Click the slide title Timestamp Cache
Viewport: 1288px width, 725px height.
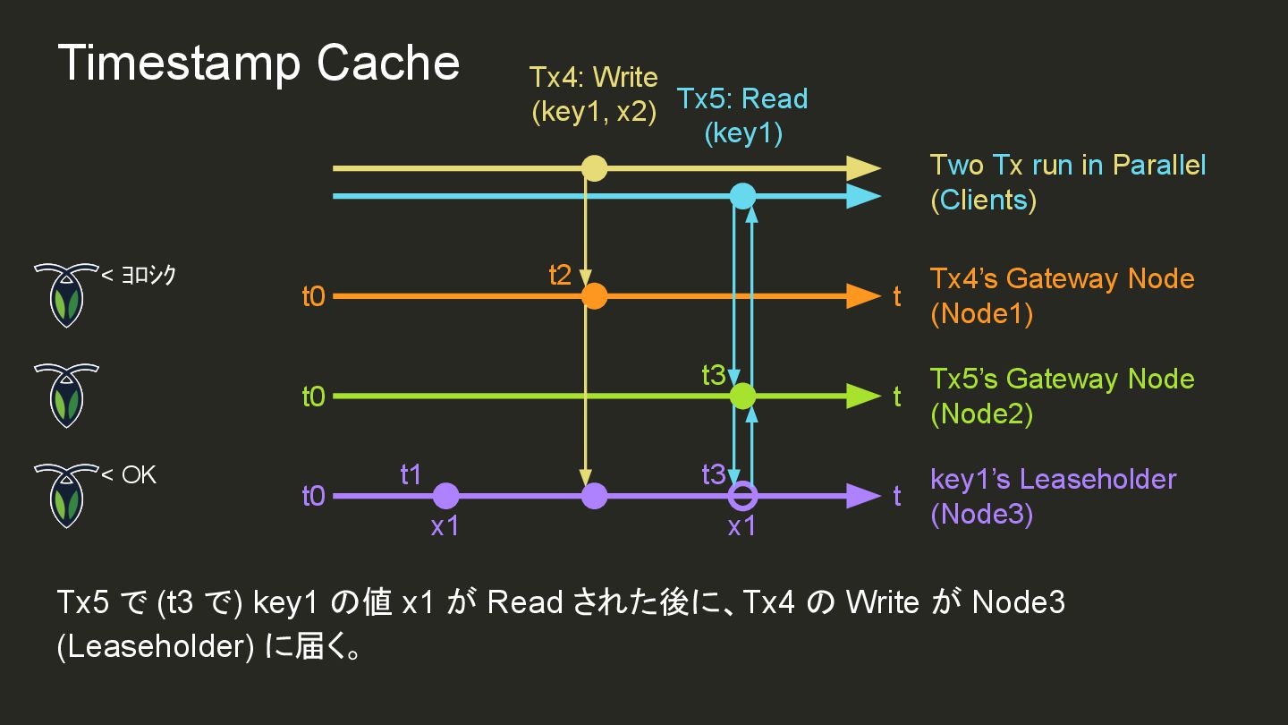click(258, 64)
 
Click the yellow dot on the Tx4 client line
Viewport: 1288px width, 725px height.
click(594, 168)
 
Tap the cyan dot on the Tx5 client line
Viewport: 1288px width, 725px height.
click(742, 195)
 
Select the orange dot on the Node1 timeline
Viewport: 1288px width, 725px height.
click(594, 295)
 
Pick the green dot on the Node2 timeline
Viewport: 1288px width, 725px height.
click(742, 396)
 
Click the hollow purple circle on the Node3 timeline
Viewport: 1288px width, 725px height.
click(742, 495)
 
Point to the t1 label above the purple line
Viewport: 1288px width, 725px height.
click(411, 474)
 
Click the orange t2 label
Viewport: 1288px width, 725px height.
click(560, 275)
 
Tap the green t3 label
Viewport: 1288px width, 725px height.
click(714, 375)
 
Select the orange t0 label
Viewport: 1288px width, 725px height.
click(313, 296)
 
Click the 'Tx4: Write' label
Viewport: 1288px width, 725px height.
click(593, 77)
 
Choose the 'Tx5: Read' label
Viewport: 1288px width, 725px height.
click(742, 98)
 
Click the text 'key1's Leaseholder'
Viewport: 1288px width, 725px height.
click(1053, 479)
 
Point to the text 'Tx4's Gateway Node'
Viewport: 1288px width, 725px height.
click(1062, 278)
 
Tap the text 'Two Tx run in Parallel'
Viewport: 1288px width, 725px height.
click(1068, 166)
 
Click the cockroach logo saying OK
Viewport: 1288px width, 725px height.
click(66, 494)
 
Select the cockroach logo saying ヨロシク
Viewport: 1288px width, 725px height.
click(66, 294)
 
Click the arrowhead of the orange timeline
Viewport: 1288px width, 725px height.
click(864, 295)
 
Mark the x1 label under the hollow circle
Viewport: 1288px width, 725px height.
click(741, 526)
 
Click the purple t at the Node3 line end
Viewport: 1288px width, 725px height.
click(897, 496)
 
